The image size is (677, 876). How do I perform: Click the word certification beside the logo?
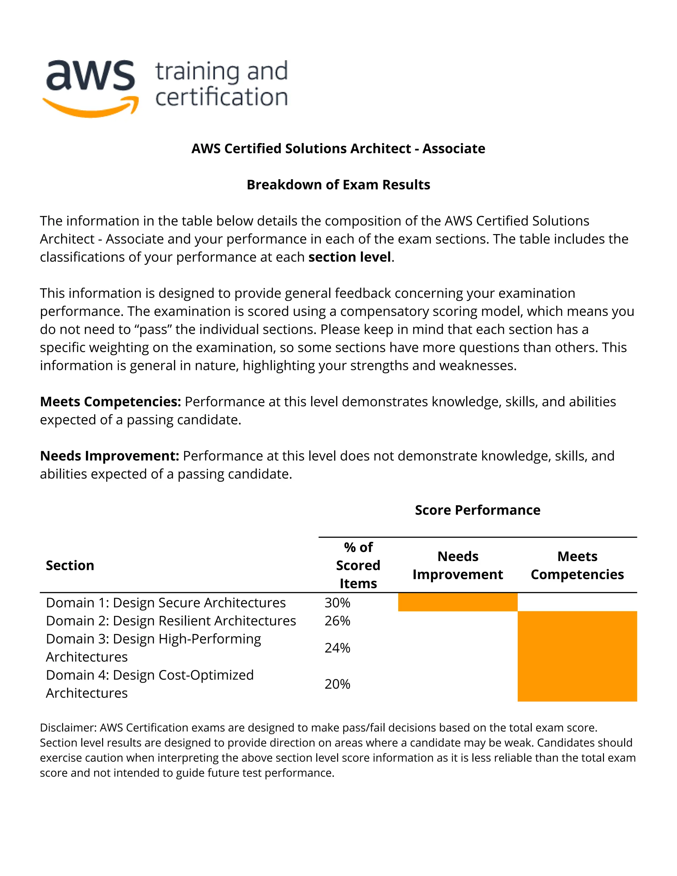coord(221,98)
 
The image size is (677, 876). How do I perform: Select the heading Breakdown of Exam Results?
coord(338,184)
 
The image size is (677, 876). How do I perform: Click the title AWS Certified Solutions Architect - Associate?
coord(338,148)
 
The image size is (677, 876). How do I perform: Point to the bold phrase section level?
coord(349,257)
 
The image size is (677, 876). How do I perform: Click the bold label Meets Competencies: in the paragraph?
coord(110,402)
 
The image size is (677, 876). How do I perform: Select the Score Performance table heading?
coord(477,510)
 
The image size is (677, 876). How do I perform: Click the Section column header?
coord(70,565)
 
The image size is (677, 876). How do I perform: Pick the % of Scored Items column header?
coord(358,565)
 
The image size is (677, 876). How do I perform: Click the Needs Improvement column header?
coord(458,565)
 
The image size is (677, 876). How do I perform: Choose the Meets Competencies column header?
coord(577,565)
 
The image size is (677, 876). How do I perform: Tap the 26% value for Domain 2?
coord(337,620)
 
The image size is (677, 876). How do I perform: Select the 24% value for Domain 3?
coord(337,648)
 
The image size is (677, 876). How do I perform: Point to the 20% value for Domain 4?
coord(337,684)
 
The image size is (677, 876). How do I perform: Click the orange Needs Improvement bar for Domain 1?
coord(458,602)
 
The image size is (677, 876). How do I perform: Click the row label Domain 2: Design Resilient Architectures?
coord(171,620)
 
